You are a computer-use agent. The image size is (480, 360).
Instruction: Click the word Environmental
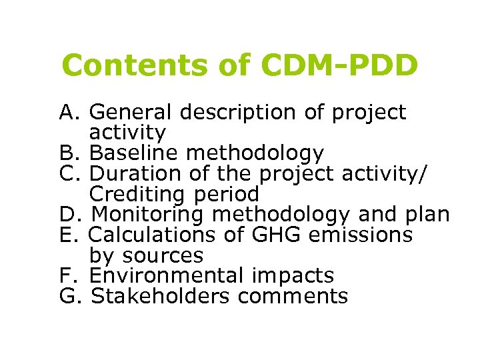click(166, 275)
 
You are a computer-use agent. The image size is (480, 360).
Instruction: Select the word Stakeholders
click(156, 296)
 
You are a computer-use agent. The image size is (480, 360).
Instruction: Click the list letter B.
click(67, 153)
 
